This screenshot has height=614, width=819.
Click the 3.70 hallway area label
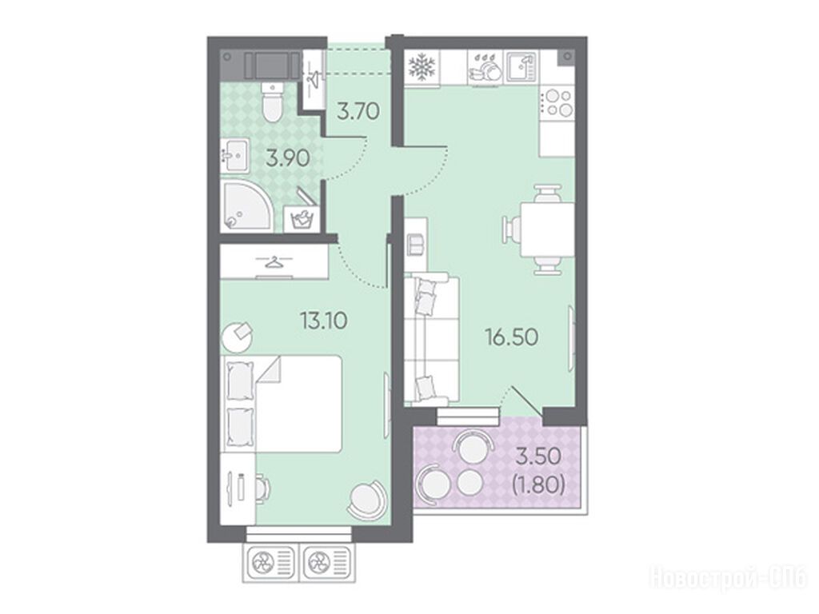(x=358, y=111)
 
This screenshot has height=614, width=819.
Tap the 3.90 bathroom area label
(x=288, y=158)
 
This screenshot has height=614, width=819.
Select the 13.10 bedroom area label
(x=324, y=320)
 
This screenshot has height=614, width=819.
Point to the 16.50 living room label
(x=512, y=337)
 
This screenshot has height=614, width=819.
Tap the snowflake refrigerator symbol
(x=421, y=67)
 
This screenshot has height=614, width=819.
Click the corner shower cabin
(x=246, y=205)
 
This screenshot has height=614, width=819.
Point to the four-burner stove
(x=557, y=102)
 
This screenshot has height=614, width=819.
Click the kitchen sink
(x=521, y=67)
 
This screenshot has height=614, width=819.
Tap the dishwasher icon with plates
(x=485, y=67)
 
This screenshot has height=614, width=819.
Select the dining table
(x=547, y=229)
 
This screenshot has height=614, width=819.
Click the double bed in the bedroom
(x=283, y=404)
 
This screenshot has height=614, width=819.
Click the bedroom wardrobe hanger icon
(x=273, y=261)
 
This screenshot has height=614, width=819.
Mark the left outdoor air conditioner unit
(x=270, y=563)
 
